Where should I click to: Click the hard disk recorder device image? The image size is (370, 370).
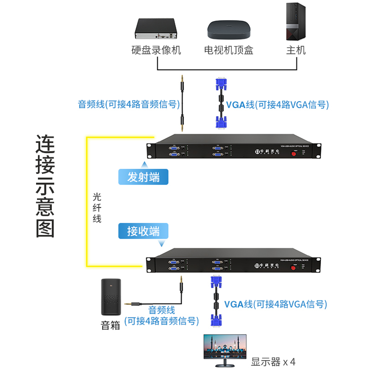(156, 29)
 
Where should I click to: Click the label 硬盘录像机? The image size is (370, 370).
(156, 50)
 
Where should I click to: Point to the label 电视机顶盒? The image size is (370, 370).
(228, 50)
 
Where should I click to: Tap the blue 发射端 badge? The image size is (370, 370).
(143, 177)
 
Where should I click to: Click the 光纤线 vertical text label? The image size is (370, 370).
(97, 208)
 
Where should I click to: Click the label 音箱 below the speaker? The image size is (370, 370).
(111, 325)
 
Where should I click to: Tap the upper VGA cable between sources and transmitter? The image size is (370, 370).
(221, 103)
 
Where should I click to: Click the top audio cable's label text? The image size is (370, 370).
(129, 105)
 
